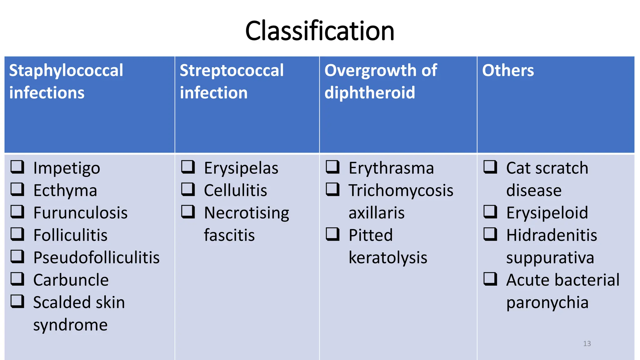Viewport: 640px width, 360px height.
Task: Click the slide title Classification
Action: click(320, 31)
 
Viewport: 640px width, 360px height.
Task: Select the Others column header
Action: click(508, 70)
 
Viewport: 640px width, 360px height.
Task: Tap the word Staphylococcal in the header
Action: click(66, 71)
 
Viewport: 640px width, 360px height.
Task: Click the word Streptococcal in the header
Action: click(232, 70)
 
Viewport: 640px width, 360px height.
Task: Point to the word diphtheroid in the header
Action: click(370, 93)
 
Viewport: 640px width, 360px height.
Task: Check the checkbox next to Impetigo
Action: click(17, 167)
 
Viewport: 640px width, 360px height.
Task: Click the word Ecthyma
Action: click(65, 191)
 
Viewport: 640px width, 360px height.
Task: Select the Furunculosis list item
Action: click(80, 213)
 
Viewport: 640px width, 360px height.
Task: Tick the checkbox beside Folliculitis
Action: click(17, 234)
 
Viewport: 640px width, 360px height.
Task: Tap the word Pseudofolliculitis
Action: click(96, 258)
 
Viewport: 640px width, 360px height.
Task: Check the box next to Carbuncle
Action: click(17, 279)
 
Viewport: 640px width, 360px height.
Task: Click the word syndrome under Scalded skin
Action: click(70, 325)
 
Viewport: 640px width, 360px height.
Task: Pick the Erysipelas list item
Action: click(241, 168)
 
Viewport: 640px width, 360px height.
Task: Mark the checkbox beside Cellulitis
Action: click(188, 189)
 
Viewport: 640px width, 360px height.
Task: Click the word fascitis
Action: click(229, 235)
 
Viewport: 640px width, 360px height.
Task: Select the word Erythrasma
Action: click(391, 168)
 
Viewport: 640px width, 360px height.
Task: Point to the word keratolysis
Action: click(388, 258)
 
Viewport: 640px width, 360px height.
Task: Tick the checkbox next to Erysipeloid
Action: click(490, 212)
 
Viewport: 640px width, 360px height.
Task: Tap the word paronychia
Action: click(547, 303)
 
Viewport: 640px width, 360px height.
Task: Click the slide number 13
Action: click(587, 344)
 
